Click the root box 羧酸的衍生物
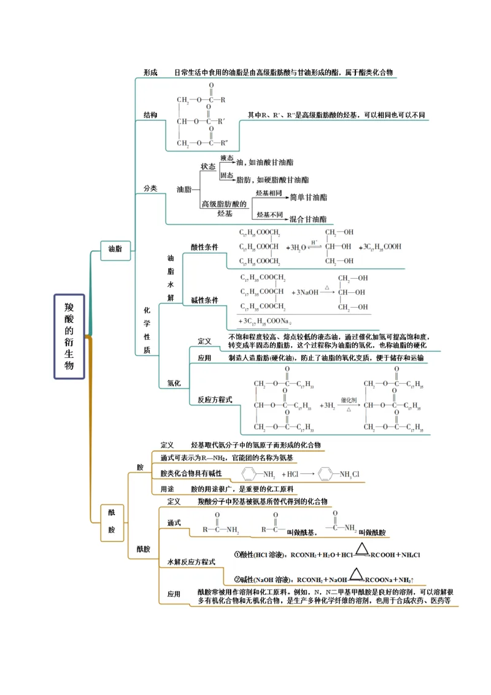pyautogui.click(x=69, y=336)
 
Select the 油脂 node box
pyautogui.click(x=115, y=249)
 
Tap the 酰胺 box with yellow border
pyautogui.click(x=112, y=521)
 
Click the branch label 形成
pyautogui.click(x=150, y=72)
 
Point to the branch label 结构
pyautogui.click(x=150, y=115)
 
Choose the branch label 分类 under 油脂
pyautogui.click(x=150, y=188)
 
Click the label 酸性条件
pyautogui.click(x=204, y=247)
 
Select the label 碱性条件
pyautogui.click(x=204, y=300)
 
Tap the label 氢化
pyautogui.click(x=174, y=383)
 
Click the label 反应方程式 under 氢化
pyautogui.click(x=215, y=400)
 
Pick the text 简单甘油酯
pyautogui.click(x=308, y=198)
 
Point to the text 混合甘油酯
pyautogui.click(x=308, y=219)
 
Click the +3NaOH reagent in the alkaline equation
pyautogui.click(x=305, y=293)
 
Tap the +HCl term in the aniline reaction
pyautogui.click(x=290, y=475)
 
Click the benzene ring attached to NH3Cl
pyautogui.click(x=327, y=474)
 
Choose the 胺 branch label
pyautogui.click(x=140, y=467)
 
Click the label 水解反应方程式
pyautogui.click(x=191, y=562)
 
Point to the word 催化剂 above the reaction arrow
pyautogui.click(x=348, y=398)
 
